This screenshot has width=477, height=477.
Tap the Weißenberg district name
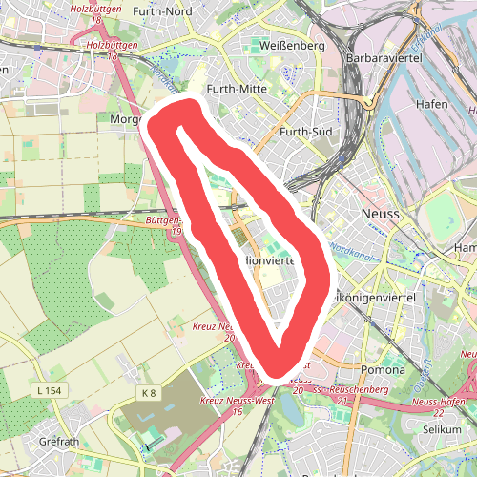(293, 45)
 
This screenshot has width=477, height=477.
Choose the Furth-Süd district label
(306, 133)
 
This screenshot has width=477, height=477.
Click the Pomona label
(384, 369)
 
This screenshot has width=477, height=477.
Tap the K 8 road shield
(148, 393)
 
